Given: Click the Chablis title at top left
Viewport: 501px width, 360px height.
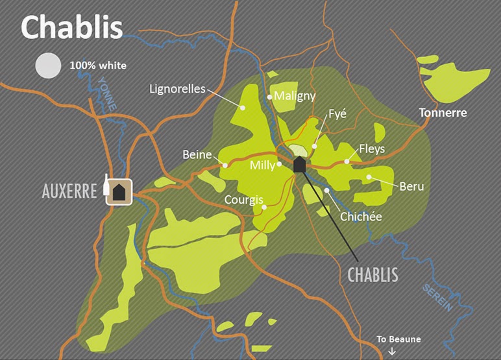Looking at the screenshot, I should click(x=72, y=27).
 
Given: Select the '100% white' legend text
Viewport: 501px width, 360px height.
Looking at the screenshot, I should click(x=98, y=66).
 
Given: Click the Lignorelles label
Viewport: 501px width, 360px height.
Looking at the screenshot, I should click(x=177, y=89).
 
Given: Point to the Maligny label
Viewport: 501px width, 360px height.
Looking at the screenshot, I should click(x=295, y=96).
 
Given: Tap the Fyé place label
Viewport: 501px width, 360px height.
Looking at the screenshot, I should click(x=337, y=114).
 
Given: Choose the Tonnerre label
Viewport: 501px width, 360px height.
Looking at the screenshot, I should click(x=443, y=112).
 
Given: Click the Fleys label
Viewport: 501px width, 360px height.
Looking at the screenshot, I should click(x=371, y=149).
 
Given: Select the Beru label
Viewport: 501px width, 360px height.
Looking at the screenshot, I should click(x=411, y=186).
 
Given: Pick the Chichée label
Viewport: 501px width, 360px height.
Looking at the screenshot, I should click(x=361, y=216).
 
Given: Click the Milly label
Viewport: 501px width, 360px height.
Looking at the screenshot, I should click(x=263, y=165).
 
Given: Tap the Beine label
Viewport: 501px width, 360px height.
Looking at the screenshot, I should click(x=197, y=154).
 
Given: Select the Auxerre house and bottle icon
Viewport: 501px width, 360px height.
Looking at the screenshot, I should click(x=117, y=190).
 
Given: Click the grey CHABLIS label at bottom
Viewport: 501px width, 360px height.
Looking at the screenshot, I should click(x=373, y=274).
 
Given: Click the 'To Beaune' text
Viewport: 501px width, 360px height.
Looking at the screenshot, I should click(x=399, y=339).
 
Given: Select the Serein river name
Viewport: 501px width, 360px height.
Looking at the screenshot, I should click(x=435, y=298).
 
